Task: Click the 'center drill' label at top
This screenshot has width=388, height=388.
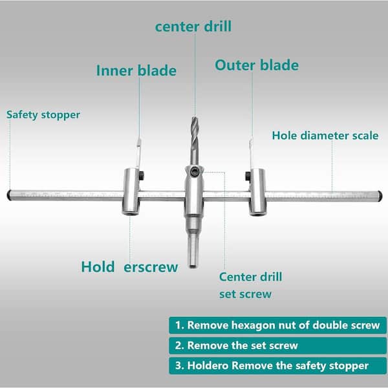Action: click(x=193, y=27)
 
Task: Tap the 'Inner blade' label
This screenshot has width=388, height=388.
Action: click(x=136, y=70)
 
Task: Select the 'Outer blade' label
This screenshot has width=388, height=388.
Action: click(x=257, y=65)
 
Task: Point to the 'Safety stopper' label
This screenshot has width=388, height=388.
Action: click(x=43, y=115)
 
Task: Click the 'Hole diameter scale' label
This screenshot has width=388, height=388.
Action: click(x=325, y=136)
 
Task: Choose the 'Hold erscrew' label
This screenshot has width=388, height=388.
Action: click(x=129, y=266)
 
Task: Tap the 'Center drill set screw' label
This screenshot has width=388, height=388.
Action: click(x=250, y=285)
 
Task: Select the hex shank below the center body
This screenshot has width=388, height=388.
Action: click(x=193, y=250)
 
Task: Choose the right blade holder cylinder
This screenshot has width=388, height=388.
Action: click(x=257, y=192)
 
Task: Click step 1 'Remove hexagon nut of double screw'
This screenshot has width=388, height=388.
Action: click(x=274, y=325)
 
